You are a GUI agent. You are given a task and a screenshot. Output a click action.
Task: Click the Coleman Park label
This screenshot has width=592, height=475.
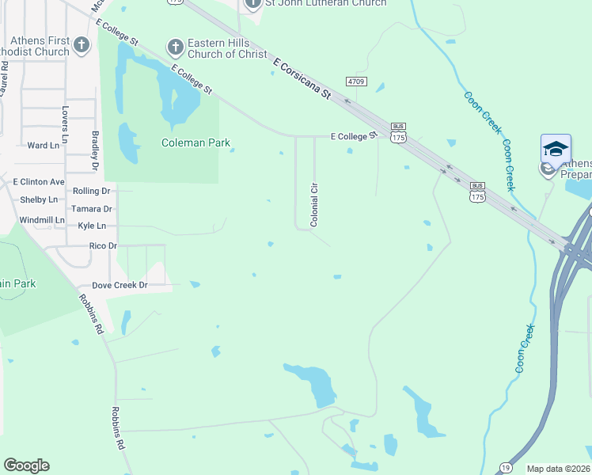[195, 143]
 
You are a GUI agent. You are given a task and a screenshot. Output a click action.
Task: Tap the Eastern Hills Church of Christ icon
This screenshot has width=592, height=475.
[175, 48]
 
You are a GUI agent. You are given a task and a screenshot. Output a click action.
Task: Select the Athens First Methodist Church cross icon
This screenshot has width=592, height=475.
[82, 46]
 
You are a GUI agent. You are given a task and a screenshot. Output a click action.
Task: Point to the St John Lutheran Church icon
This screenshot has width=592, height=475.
[252, 4]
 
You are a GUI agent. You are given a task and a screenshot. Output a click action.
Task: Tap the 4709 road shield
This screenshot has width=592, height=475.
[356, 81]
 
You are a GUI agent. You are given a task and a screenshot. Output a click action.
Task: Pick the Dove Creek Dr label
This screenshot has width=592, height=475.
[120, 285]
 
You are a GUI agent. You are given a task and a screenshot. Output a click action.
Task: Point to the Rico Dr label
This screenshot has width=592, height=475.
[103, 246]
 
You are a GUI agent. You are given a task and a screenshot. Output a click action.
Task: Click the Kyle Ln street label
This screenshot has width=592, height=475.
[92, 226]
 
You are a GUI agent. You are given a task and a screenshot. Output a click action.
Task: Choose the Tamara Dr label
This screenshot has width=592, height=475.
[91, 209]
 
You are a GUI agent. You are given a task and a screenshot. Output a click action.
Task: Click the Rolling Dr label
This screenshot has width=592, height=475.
[91, 192]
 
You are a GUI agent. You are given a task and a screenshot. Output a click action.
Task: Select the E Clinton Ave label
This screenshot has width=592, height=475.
[38, 182]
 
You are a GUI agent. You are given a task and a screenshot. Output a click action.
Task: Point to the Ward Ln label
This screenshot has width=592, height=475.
[44, 146]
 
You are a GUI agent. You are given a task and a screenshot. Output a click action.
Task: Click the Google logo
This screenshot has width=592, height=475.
[26, 465]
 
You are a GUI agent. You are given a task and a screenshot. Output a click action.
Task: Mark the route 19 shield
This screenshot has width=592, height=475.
[505, 467]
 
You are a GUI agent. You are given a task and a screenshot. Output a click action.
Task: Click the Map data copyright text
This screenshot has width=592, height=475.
[559, 469]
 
